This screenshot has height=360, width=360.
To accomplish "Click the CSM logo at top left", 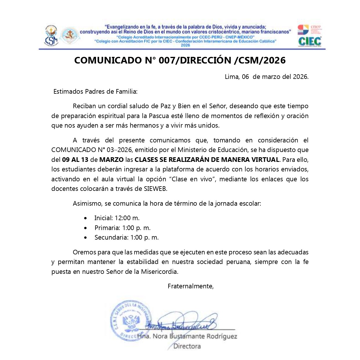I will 51,36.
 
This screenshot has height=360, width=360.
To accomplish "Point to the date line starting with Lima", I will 266,77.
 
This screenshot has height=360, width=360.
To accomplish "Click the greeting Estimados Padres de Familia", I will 95,92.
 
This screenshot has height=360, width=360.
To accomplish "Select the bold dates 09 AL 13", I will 75,160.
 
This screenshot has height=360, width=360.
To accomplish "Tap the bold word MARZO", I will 111,160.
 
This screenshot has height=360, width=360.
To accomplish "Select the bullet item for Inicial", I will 117,218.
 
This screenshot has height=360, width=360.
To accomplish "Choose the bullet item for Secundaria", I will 126,238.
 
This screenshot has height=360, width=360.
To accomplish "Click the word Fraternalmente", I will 191,286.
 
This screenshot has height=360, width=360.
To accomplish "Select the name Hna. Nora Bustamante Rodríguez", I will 187,337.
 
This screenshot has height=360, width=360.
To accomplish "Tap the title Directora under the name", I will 187,346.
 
